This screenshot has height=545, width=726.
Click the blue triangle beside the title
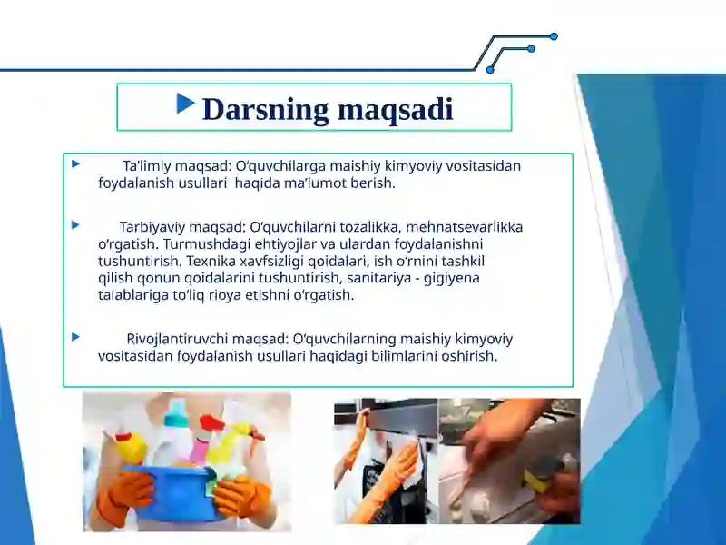click(187, 104)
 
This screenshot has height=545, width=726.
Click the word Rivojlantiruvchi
click(176, 340)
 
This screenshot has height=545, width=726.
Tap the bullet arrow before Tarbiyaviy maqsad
click(76, 223)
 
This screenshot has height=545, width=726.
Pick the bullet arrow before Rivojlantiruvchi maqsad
click(76, 336)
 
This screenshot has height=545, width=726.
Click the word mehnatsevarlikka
click(467, 227)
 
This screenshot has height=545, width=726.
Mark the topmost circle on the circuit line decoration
click(554, 36)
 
